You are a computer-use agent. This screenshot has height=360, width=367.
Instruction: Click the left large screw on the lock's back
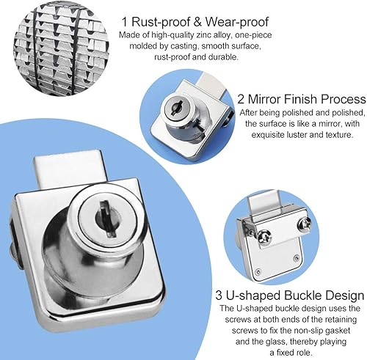pyautogui.click(x=264, y=237)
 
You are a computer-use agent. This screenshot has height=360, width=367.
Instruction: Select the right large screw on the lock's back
pyautogui.click(x=304, y=224)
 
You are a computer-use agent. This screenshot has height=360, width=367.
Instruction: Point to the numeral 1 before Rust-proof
pyautogui.click(x=125, y=22)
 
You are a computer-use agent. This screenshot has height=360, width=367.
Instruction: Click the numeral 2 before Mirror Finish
pyautogui.click(x=241, y=99)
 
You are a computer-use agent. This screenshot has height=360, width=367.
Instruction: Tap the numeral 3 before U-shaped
pyautogui.click(x=219, y=295)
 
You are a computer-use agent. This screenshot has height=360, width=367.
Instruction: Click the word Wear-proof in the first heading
pyautogui.click(x=237, y=22)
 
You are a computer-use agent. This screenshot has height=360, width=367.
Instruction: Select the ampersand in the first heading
pyautogui.click(x=197, y=22)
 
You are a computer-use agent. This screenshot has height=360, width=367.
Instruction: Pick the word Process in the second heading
pyautogui.click(x=344, y=99)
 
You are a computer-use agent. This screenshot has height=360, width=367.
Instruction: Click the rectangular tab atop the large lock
pyautogui.click(x=70, y=167)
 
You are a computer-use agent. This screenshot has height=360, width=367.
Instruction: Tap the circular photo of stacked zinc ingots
pyautogui.click(x=61, y=51)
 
